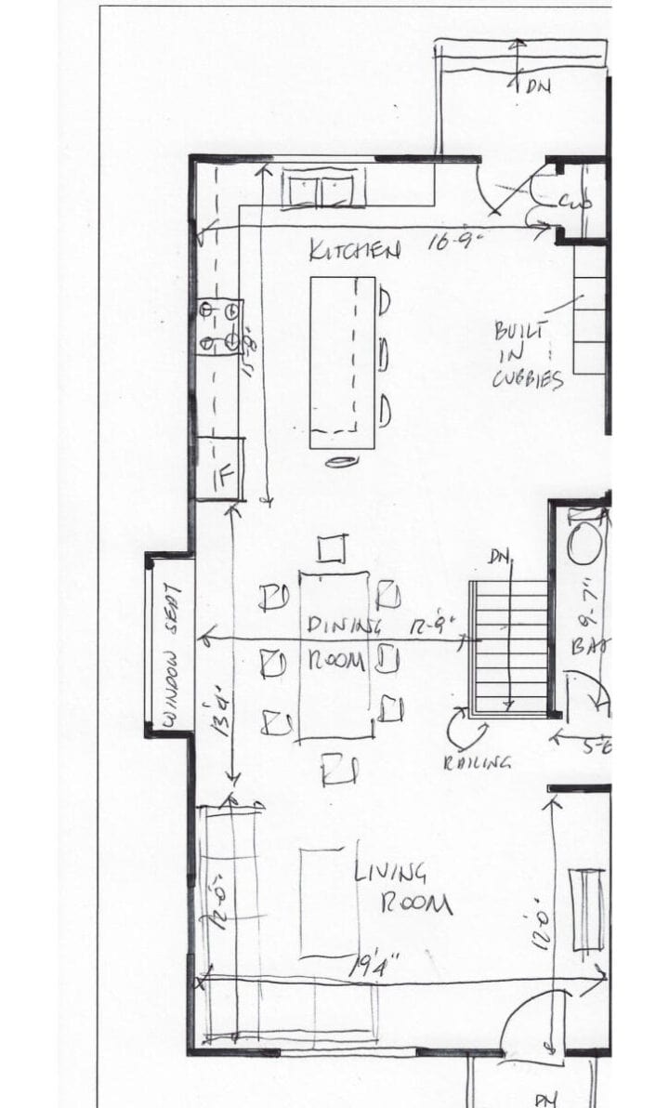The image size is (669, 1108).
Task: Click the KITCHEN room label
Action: pyautogui.click(x=355, y=250)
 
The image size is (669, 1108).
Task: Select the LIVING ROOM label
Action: pyautogui.click(x=403, y=888)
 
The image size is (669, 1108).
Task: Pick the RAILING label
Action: pyautogui.click(x=478, y=762)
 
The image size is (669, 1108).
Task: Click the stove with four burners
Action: pyautogui.click(x=220, y=326)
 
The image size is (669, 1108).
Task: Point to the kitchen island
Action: pyautogui.click(x=342, y=363)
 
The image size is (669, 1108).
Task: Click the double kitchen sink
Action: pyautogui.click(x=321, y=191)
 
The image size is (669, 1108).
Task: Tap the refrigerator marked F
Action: pyautogui.click(x=220, y=469)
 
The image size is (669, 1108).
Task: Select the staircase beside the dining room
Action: pyautogui.click(x=509, y=649)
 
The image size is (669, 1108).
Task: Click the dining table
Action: pyautogui.click(x=334, y=656)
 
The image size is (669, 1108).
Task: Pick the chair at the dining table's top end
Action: pyautogui.click(x=332, y=549)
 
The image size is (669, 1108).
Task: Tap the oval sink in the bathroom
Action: pyautogui.click(x=585, y=542)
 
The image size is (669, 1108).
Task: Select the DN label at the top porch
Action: pyautogui.click(x=536, y=86)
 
